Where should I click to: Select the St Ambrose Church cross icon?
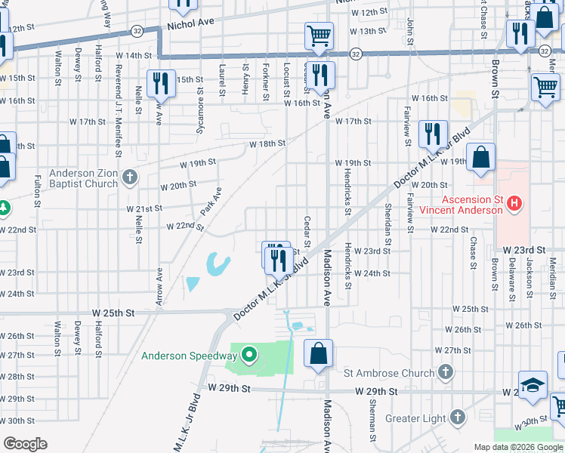coord(446,371)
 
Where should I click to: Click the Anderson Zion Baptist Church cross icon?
coord(130,178)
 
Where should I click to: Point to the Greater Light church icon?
coord(457,417)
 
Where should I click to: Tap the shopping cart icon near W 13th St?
coord(319,35)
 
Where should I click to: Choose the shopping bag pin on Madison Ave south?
coord(319,353)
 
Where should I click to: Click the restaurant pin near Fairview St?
coord(433,134)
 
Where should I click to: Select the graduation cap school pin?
coord(533,385)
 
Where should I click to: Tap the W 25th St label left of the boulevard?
coord(113,312)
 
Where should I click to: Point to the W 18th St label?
coord(268,143)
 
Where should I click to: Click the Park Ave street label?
coord(210,201)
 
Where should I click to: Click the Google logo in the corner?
coord(25,444)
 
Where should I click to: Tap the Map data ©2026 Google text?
coord(518,447)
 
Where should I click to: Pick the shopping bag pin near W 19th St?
coord(480,157)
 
